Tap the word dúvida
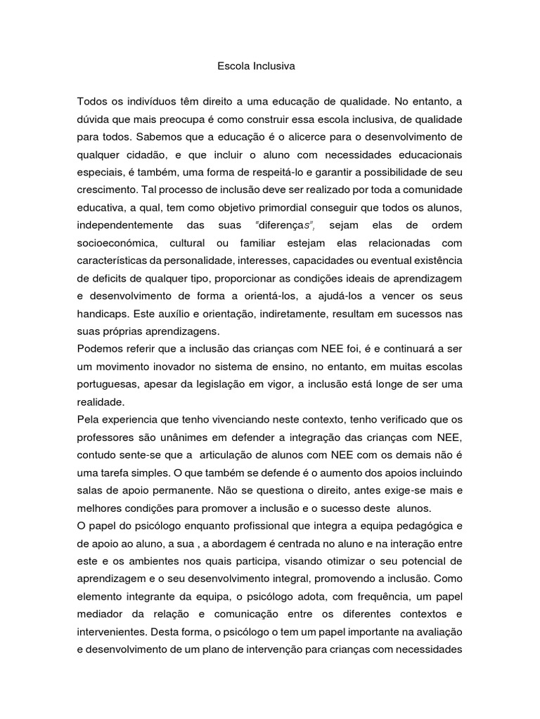[94, 120]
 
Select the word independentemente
[124, 225]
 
